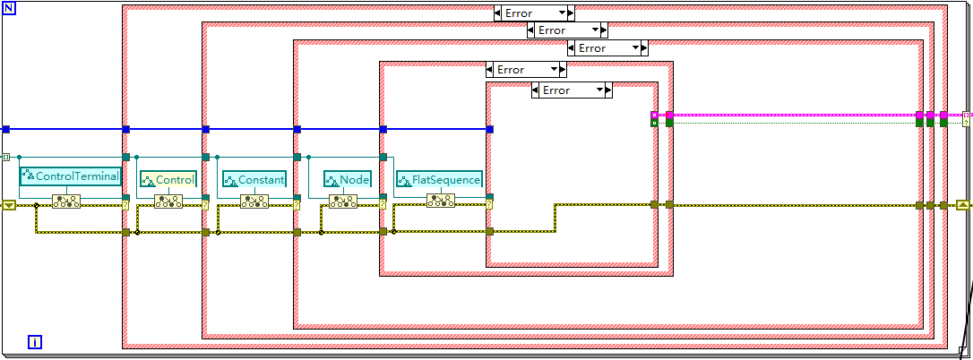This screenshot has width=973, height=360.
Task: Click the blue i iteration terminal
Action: tap(35, 342)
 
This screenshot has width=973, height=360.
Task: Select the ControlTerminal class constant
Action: tap(70, 177)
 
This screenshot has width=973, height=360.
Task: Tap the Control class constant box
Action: tap(168, 180)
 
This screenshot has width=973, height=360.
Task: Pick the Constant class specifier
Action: tap(254, 180)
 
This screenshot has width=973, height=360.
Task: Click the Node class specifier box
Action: tap(348, 180)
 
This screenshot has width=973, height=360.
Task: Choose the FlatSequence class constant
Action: tap(439, 180)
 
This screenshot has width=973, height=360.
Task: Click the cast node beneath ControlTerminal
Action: tap(65, 201)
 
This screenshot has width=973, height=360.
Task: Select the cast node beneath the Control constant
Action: tap(168, 201)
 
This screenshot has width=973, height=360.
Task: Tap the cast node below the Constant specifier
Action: tap(254, 201)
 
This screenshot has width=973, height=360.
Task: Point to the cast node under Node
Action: tap(343, 201)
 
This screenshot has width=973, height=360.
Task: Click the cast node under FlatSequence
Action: tap(441, 200)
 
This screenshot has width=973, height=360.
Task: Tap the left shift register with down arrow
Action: tap(9, 205)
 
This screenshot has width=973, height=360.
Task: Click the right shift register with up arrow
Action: tap(962, 205)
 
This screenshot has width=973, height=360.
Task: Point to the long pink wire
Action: tap(795, 115)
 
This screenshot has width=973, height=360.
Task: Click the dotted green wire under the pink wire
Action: tap(795, 123)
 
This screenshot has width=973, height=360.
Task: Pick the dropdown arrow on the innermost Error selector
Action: tap(599, 90)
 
